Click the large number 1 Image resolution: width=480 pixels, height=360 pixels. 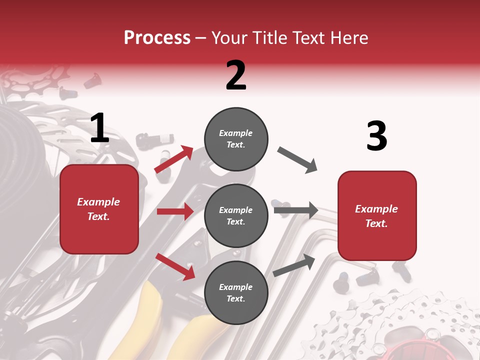(x=99, y=128)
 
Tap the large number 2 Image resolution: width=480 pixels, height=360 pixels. (x=236, y=75)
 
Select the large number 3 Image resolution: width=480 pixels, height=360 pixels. (x=376, y=136)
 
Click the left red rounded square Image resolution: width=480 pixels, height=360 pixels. (x=99, y=209)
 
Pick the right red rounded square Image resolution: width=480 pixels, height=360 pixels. (x=377, y=215)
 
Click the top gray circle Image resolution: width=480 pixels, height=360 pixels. (x=236, y=139)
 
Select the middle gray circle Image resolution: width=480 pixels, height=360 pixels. (x=236, y=215)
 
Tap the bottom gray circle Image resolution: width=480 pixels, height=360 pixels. (x=236, y=292)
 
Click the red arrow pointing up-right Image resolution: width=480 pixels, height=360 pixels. (x=174, y=159)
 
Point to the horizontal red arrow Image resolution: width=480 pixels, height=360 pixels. (x=175, y=211)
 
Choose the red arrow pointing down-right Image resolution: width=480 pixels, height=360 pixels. (x=175, y=266)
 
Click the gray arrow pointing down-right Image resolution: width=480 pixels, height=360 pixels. (x=297, y=159)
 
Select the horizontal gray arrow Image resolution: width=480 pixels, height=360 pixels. (x=296, y=210)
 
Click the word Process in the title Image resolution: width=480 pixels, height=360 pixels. (x=157, y=37)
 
